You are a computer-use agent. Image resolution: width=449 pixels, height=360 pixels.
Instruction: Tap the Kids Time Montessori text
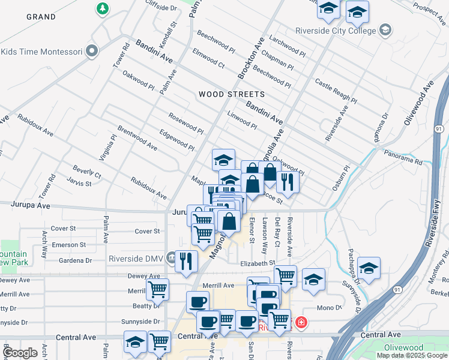pos(41,52)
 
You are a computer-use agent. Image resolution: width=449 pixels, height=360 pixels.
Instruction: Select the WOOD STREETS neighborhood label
pos(231,94)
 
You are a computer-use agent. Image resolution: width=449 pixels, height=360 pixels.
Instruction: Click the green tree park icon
pos(103,8)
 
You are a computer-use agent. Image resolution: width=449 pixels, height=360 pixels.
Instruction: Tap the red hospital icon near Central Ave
pos(300,323)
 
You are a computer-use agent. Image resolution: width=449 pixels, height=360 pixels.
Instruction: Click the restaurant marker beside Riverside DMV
pos(186,261)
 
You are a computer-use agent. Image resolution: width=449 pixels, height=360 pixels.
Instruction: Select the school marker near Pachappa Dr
pos(368,268)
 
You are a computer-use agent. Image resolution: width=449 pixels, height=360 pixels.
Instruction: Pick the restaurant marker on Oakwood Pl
pos(288,182)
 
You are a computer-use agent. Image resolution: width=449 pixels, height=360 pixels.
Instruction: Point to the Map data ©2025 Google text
pos(412,355)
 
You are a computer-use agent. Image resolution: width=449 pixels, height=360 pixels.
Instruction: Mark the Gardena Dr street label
pos(75,260)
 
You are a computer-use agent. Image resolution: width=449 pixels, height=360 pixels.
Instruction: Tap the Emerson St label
pos(64,245)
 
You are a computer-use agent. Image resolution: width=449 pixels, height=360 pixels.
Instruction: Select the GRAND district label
pos(41,16)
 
